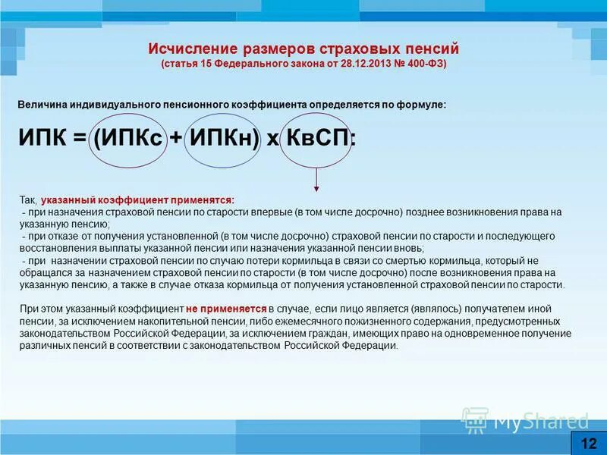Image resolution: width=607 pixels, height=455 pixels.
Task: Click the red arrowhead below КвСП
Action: pyautogui.click(x=316, y=188)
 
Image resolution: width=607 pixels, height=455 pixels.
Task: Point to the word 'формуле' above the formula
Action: pyautogui.click(x=425, y=104)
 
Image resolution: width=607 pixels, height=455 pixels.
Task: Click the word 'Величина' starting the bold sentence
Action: pyautogui.click(x=39, y=104)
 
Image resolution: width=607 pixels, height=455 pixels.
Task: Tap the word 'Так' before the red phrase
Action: pyautogui.click(x=27, y=199)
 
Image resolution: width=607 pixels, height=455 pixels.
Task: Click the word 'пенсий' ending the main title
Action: pyautogui.click(x=430, y=49)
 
